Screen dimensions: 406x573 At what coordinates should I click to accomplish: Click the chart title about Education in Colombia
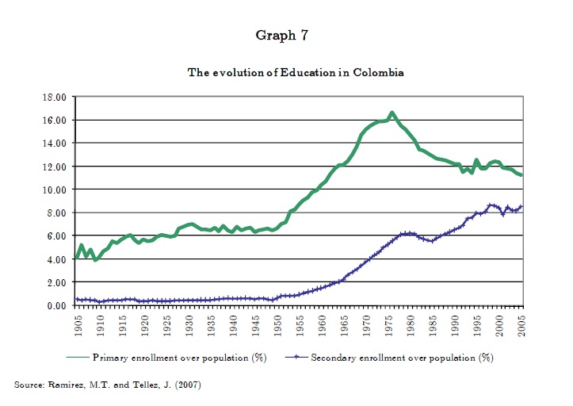[296, 72]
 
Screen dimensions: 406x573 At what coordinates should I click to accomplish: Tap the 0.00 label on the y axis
[55, 306]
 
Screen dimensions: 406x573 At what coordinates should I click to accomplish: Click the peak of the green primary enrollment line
[392, 113]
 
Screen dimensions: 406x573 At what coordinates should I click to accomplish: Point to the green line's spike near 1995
[476, 160]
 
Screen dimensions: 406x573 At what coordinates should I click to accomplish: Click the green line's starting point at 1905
[77, 257]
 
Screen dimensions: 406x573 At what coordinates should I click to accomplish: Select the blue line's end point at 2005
[521, 207]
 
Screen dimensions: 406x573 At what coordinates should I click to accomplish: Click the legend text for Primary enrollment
[179, 358]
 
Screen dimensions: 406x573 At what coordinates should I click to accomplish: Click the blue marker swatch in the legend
[296, 358]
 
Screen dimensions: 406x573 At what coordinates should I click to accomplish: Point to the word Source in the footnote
[32, 385]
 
